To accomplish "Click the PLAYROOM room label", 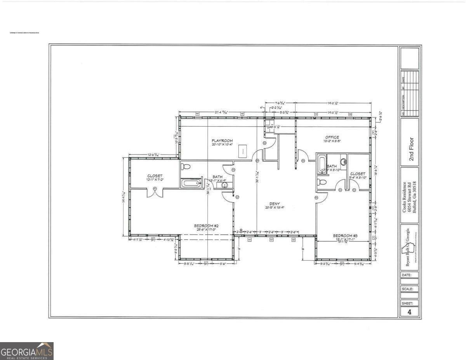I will [222, 141].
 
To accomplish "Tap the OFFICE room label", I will [332, 137].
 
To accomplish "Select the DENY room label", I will [275, 203].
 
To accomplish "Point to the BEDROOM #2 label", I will [207, 226].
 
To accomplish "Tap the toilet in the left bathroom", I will [186, 167].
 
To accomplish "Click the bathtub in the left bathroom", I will [191, 183].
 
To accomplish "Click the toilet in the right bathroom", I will [322, 182].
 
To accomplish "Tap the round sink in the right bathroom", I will [343, 162].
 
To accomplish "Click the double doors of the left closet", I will [155, 192].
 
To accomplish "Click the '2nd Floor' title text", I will [411, 150].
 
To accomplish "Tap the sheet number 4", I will [409, 311].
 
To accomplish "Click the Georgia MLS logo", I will [26, 351].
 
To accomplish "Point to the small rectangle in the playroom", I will [243, 150].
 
